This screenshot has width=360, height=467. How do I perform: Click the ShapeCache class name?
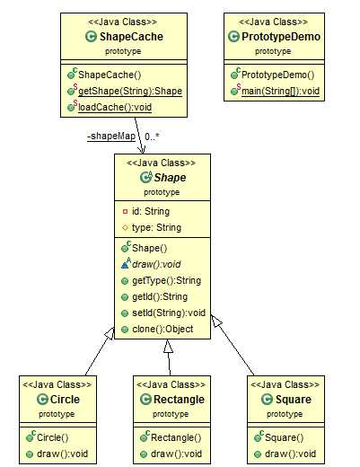(131, 37)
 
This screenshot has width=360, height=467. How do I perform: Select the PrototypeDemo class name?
(281, 37)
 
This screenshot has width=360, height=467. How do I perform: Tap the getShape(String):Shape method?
(130, 91)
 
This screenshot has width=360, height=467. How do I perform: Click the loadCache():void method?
(115, 107)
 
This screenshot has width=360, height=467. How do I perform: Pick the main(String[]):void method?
(280, 91)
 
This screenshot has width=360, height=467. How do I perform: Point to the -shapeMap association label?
(111, 137)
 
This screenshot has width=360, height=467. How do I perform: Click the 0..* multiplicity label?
(152, 137)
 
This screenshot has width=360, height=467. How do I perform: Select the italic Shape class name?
(170, 178)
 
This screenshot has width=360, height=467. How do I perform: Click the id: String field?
(151, 211)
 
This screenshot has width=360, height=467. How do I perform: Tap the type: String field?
(156, 227)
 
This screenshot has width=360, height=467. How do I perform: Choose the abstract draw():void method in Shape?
(156, 264)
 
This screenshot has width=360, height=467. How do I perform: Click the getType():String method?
(166, 280)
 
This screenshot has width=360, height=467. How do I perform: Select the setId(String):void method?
(169, 313)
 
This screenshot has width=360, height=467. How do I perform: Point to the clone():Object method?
(162, 329)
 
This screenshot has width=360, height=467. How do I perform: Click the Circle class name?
(65, 400)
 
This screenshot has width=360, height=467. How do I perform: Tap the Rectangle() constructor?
(176, 437)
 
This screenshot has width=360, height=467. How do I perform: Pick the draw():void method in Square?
(290, 454)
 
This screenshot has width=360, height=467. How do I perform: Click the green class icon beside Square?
(267, 400)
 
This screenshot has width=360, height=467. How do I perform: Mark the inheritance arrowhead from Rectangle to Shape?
(168, 346)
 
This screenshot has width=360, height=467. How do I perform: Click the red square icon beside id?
(125, 212)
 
